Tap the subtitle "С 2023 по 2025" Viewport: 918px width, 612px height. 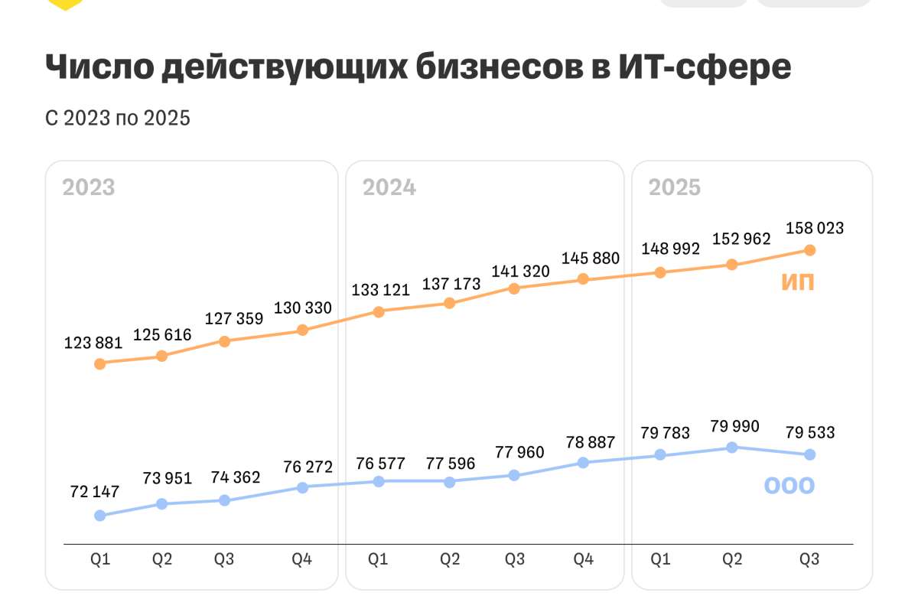point(117,119)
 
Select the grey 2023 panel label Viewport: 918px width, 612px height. point(89,187)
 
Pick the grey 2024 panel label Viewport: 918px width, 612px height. point(389,187)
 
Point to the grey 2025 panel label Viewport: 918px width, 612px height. point(675,187)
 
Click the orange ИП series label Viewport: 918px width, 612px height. point(798,282)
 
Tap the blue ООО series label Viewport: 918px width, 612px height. point(789,485)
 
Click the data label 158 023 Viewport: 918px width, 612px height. point(815,228)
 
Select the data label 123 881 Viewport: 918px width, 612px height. point(93,343)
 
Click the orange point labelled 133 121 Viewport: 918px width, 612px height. point(379,311)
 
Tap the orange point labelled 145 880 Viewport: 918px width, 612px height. point(583,279)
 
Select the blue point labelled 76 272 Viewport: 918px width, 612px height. point(302,487)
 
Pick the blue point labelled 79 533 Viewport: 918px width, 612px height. point(809,454)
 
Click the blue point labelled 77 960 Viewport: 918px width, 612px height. point(514,475)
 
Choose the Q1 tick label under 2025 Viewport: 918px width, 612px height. point(659,559)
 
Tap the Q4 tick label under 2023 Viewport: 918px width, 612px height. point(302,559)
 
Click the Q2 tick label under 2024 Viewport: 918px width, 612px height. point(450,559)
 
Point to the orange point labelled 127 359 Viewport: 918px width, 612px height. point(224,341)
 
